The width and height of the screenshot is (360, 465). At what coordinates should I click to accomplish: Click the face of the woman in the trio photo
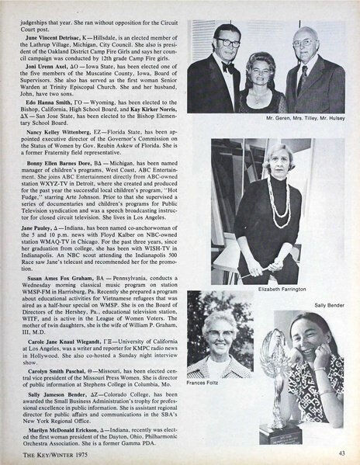coord(257,66)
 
